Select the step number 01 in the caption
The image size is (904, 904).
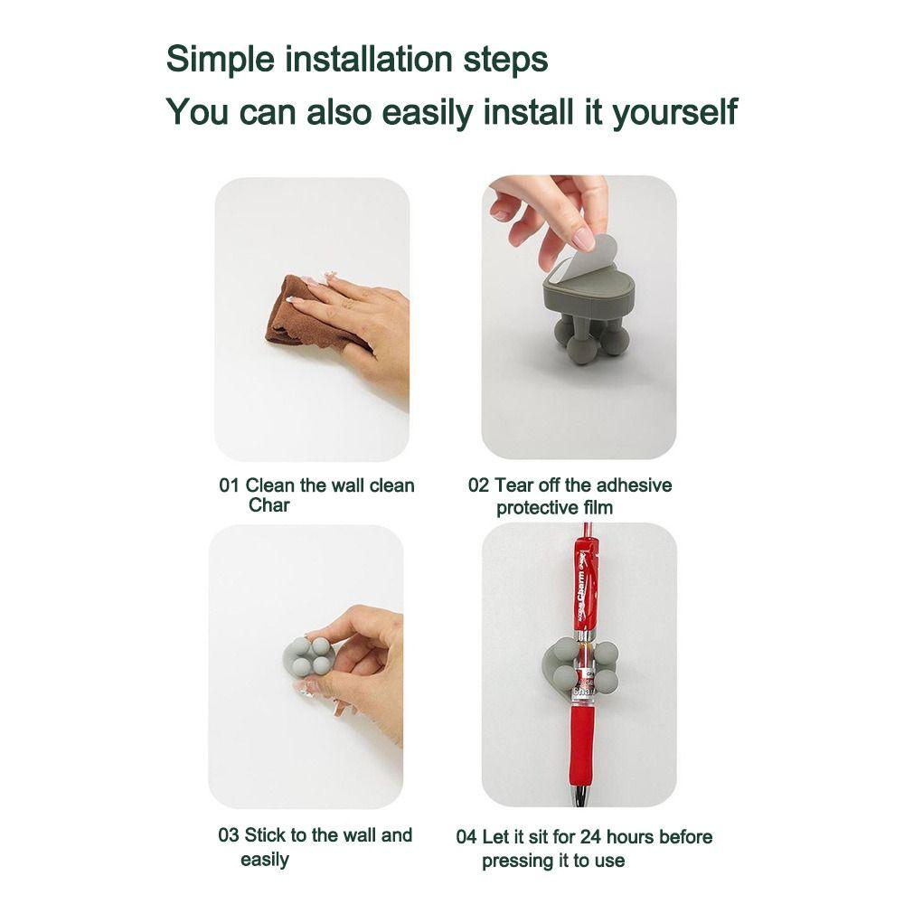point(229,485)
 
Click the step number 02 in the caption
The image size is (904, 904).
point(477,485)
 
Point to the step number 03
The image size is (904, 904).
point(228,835)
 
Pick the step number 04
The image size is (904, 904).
point(466,837)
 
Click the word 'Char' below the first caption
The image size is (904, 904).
point(268,505)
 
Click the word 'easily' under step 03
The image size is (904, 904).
point(265,860)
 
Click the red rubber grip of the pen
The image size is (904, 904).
point(581,741)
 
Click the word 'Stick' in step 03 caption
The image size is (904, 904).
point(264,835)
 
